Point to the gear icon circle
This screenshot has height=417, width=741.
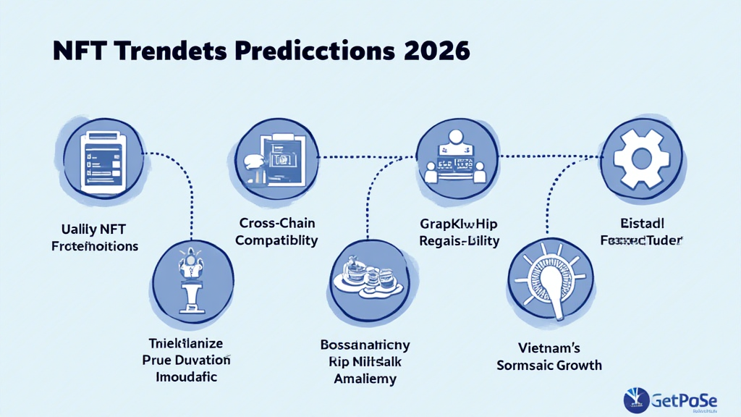click(642, 159)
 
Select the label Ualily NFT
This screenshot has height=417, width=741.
click(94, 229)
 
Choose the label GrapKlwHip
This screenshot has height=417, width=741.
click(459, 223)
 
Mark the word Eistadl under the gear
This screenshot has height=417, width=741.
click(641, 222)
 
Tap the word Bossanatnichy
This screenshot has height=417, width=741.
click(365, 345)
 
